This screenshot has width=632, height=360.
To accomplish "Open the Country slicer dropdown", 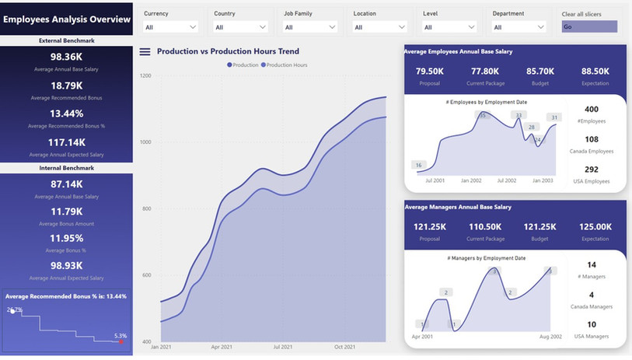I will tap(241, 27).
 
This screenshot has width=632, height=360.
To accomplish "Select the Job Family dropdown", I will tap(310, 27).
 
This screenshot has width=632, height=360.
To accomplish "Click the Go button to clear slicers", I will tap(589, 26).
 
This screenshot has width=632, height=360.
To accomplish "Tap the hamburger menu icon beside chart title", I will tap(145, 52).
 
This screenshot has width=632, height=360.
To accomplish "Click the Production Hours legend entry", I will tap(286, 65).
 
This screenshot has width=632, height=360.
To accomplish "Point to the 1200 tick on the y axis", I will tap(145, 75).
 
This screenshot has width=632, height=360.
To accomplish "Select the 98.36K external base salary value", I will tap(66, 57).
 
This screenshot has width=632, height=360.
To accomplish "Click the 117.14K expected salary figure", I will tap(66, 142).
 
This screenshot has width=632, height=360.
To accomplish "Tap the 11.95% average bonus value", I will tap(66, 239).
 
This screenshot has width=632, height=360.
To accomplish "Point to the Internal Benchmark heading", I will tap(66, 168).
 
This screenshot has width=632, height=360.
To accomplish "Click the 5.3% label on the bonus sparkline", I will tap(120, 336).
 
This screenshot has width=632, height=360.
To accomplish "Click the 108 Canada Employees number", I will tap(592, 139).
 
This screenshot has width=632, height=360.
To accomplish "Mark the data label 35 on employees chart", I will tap(482, 116).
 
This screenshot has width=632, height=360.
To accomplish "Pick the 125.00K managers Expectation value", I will tap(595, 226).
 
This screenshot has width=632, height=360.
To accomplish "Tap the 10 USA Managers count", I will tap(592, 324).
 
